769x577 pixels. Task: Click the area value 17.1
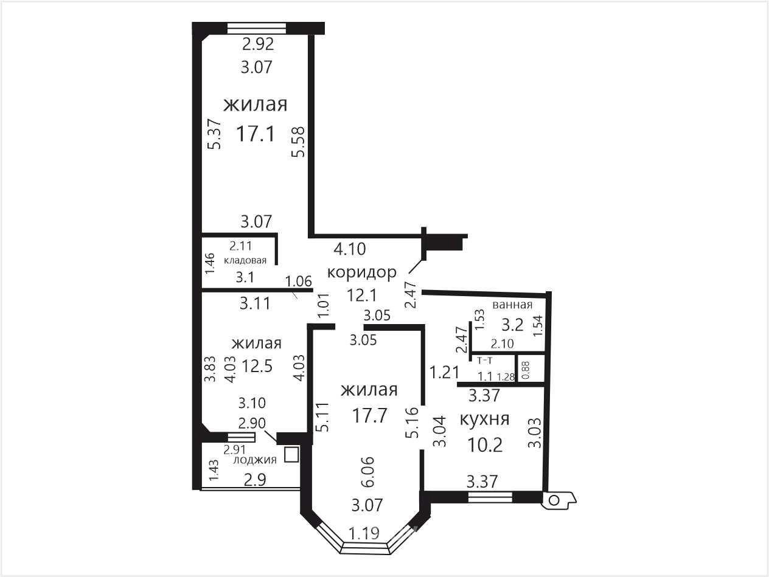point(256,134)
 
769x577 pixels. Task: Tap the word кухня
point(484,419)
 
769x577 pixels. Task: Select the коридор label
point(361,272)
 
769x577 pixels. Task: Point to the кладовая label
point(245,260)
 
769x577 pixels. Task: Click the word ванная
point(512,305)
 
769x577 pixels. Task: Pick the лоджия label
point(255,460)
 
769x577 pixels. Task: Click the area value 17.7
point(370,416)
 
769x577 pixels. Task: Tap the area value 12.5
point(257,367)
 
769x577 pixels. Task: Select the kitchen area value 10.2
point(485,445)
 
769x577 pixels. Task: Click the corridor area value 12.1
point(361,295)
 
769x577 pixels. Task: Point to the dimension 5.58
point(299,142)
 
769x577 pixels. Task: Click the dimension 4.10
point(350,249)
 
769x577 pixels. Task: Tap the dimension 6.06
point(369,472)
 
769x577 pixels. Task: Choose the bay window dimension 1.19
point(364,534)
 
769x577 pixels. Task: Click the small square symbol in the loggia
point(291,454)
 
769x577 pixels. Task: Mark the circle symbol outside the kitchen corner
point(554,500)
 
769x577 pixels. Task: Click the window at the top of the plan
point(257,28)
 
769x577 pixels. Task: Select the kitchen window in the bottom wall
point(490,497)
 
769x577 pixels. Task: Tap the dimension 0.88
point(526,370)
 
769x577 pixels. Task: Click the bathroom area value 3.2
point(512,325)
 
